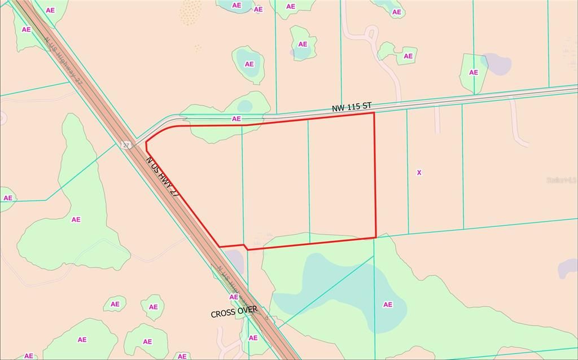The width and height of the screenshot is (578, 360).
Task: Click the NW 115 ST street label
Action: pyautogui.click(x=352, y=106)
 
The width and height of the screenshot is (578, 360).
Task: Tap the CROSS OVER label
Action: pyautogui.click(x=234, y=311)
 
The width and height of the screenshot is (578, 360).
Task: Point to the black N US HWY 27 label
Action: pyautogui.click(x=163, y=177)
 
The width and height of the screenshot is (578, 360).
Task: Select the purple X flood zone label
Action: pyautogui.click(x=419, y=172)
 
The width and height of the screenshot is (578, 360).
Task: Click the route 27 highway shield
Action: pyautogui.click(x=125, y=145)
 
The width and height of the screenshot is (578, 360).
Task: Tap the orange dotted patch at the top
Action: pyautogui.click(x=191, y=12)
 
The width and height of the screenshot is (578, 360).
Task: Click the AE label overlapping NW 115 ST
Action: pyautogui.click(x=237, y=118)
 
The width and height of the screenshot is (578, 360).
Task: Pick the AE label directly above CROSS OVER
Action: pyautogui.click(x=233, y=297)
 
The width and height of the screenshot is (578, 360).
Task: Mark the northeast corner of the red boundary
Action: pyautogui.click(x=374, y=113)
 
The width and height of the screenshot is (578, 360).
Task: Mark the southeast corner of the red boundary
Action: pyautogui.click(x=376, y=237)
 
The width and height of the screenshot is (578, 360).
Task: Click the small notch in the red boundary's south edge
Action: pyautogui.click(x=245, y=247)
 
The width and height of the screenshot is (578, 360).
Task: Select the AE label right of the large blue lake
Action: pyautogui.click(x=388, y=304)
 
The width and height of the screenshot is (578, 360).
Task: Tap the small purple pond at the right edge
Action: pyautogui.click(x=568, y=269)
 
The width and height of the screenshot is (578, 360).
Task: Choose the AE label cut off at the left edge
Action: pyautogui.click(x=7, y=197)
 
